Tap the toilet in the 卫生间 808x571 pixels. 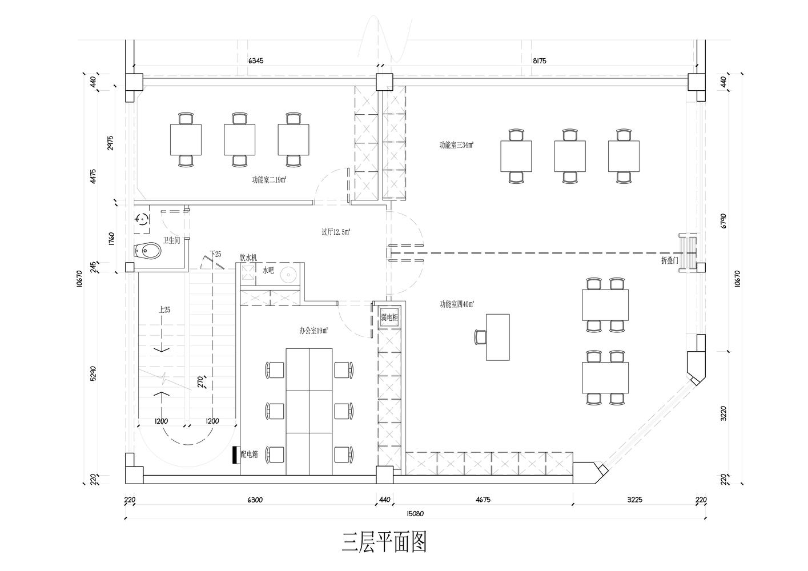coord(147,251)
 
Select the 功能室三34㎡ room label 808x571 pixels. coord(456,145)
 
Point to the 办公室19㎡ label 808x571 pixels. coord(313,331)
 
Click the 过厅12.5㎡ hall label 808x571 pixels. coord(336,232)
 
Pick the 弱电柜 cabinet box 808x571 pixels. coord(389,317)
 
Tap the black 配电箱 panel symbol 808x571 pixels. coord(236,455)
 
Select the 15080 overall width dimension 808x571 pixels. coord(415,514)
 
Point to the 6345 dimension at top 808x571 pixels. coord(256,61)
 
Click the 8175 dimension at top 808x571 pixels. coord(539,61)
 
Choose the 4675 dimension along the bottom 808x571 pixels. coord(483,500)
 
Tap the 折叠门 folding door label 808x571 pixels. coord(669,260)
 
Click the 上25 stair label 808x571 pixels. coord(164,309)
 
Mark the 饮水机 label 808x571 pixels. coord(248,258)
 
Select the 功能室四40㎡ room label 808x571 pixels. coord(457,304)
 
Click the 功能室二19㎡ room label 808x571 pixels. coord(269,180)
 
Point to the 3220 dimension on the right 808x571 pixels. coord(723,413)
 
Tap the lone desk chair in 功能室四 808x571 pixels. coord(480,337)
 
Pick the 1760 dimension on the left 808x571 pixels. coord(111,239)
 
